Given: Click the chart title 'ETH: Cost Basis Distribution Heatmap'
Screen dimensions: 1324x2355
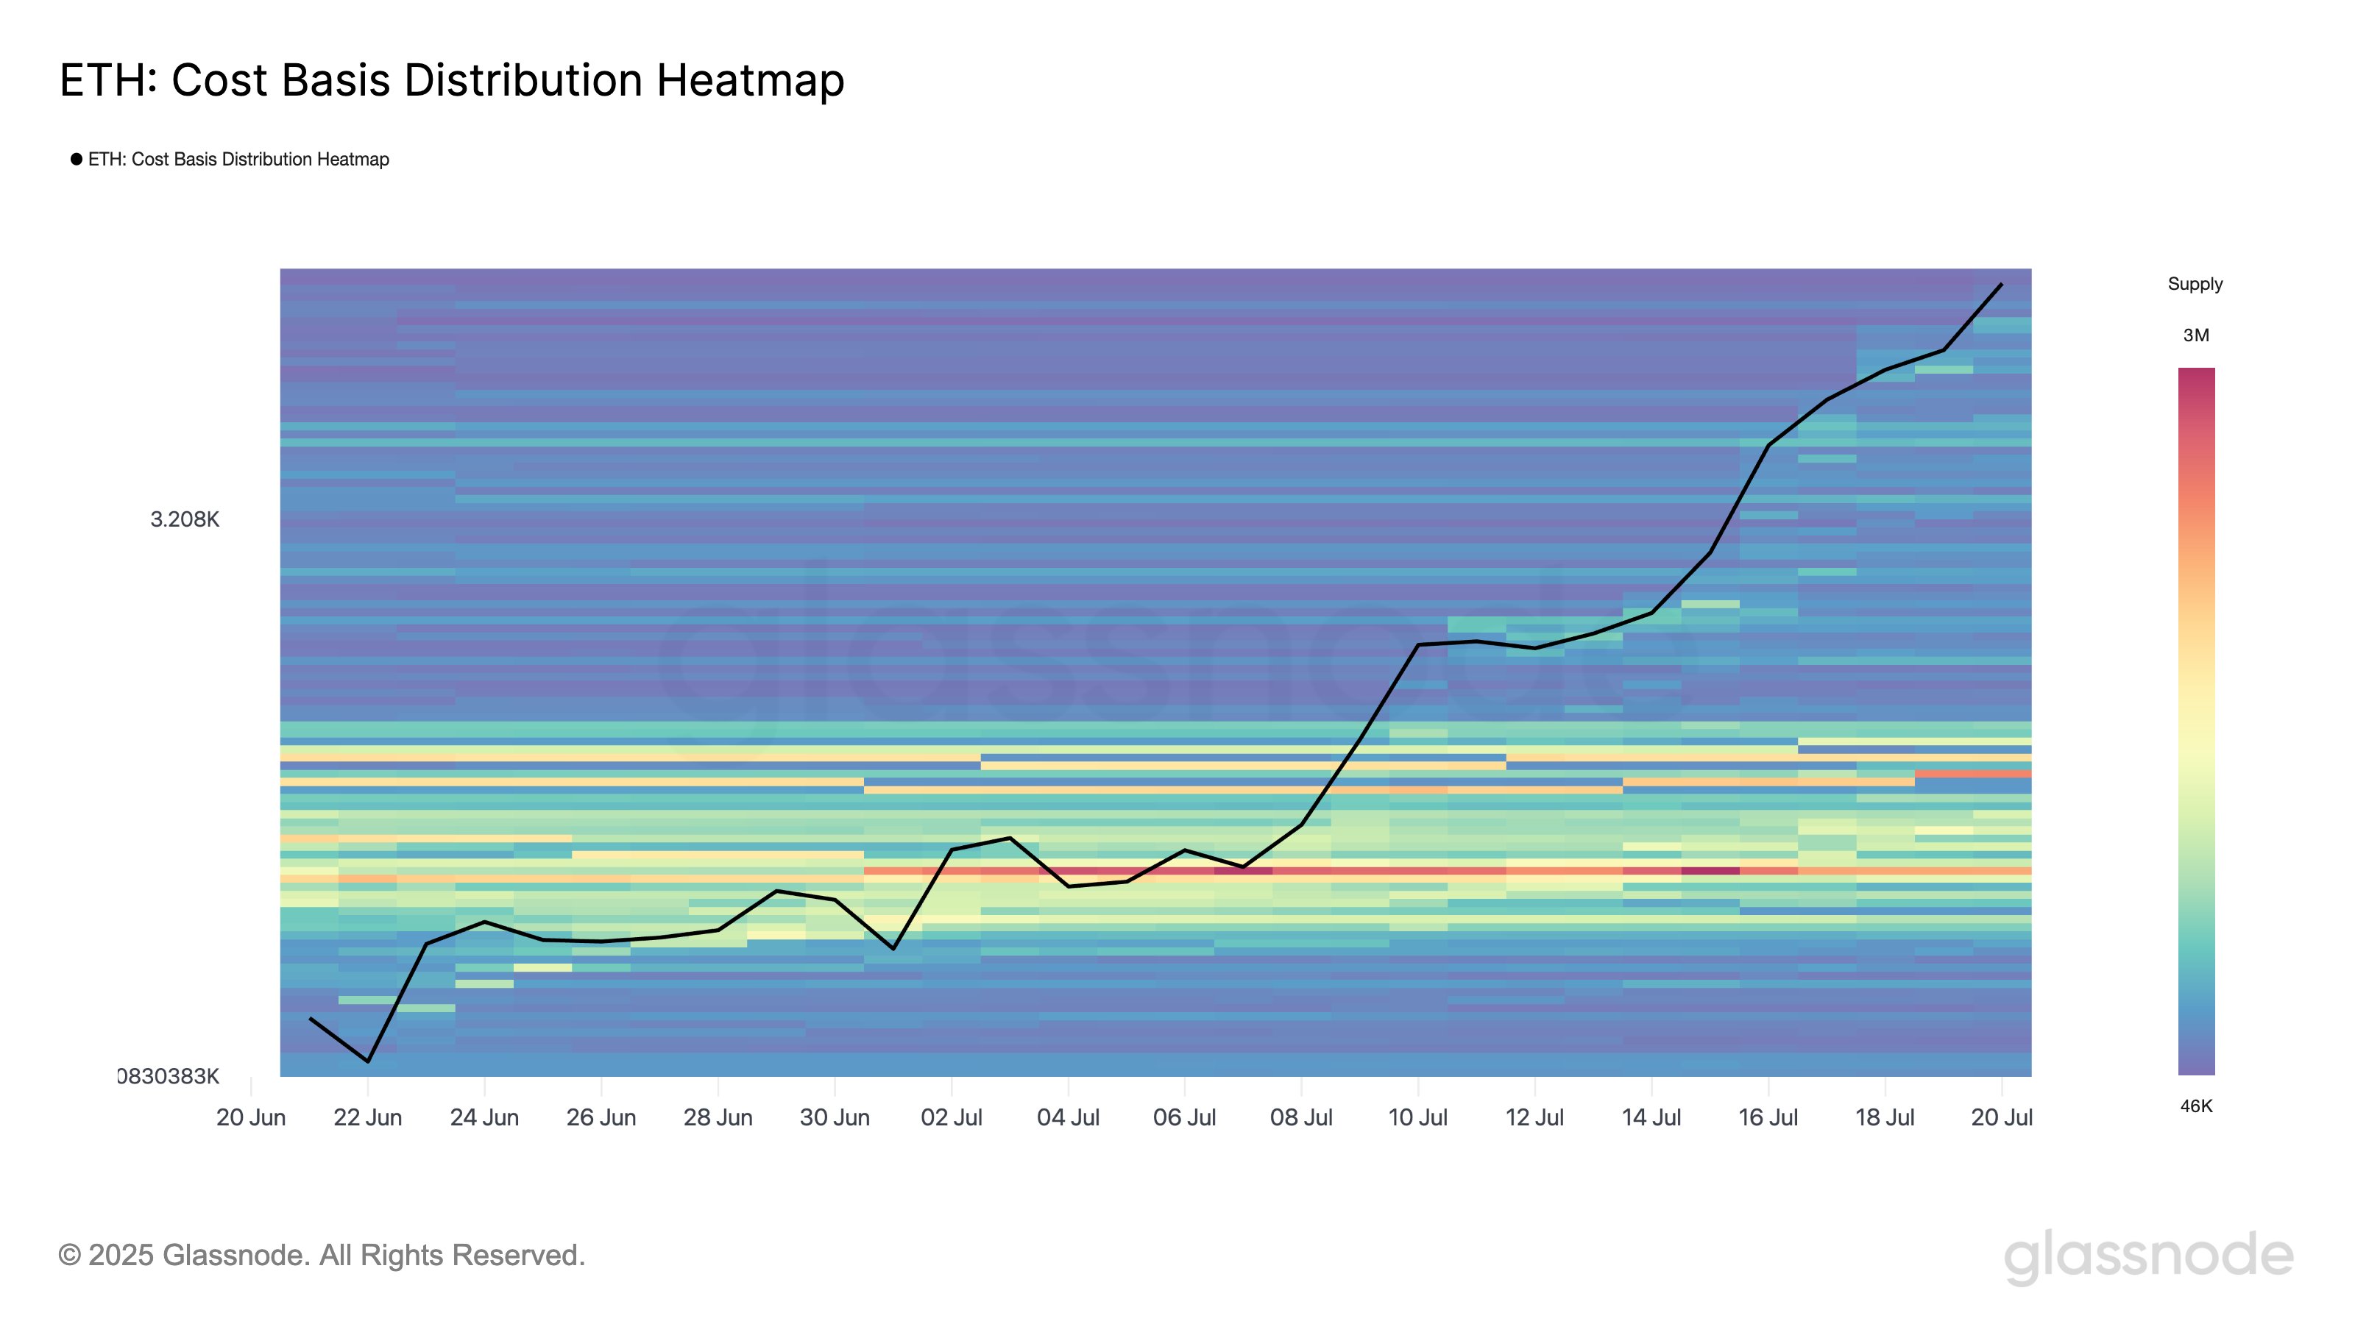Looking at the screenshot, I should click(452, 80).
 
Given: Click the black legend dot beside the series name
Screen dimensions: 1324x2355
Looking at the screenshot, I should click(77, 159).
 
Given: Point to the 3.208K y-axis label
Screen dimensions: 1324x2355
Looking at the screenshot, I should click(185, 520).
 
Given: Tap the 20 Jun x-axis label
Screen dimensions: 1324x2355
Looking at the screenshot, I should click(250, 1117).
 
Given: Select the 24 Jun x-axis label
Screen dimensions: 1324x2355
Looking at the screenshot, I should click(484, 1117).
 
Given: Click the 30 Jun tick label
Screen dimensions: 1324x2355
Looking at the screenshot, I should click(834, 1117).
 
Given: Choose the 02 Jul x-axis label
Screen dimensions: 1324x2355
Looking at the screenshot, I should click(951, 1117).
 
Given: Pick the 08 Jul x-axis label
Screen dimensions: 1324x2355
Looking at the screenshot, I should click(1301, 1117).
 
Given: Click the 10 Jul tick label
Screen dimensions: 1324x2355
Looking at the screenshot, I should click(1417, 1117).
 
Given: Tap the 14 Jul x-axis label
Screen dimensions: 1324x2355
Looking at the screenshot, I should click(1651, 1117).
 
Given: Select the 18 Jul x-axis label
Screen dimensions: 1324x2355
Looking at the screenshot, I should click(1884, 1117).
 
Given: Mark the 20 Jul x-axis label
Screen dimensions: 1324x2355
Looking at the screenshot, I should click(2001, 1117).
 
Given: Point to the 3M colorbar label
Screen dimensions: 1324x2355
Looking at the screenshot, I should click(2196, 335).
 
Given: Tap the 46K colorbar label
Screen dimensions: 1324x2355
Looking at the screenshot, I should click(2196, 1106).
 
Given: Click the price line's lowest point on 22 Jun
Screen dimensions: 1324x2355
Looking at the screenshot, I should click(367, 1061).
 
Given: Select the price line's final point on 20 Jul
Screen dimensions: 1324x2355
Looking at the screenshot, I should click(2001, 284).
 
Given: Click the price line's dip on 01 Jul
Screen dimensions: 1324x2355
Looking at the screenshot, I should click(893, 948).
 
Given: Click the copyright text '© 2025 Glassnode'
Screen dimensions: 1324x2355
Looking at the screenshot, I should click(321, 1256).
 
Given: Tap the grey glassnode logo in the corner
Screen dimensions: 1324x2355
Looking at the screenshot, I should click(2148, 1256).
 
